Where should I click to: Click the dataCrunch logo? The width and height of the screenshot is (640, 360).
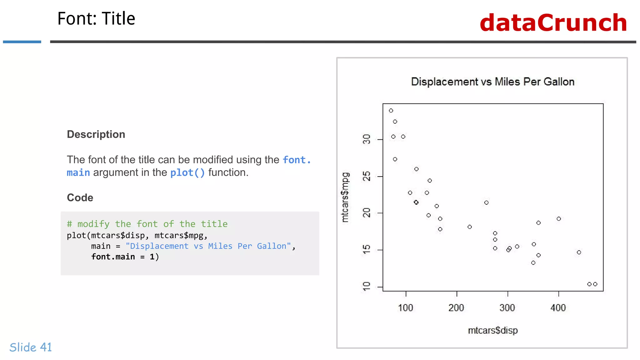click(x=553, y=23)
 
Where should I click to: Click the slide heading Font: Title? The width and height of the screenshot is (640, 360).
click(x=96, y=18)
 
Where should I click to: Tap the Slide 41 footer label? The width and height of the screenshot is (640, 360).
click(x=31, y=347)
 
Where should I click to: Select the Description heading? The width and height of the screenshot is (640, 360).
click(x=96, y=134)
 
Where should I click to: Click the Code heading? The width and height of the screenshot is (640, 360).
click(x=80, y=197)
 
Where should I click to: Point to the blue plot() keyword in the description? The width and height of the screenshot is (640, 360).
click(x=187, y=172)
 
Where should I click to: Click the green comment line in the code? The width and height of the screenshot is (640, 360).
click(x=147, y=224)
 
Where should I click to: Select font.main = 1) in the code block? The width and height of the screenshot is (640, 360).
click(x=125, y=257)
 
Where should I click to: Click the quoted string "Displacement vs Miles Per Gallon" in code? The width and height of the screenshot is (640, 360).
click(x=208, y=246)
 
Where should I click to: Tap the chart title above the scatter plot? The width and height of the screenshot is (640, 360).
click(x=492, y=82)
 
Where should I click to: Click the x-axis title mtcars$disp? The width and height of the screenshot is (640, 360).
click(x=492, y=330)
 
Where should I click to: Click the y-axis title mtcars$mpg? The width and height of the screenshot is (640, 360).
click(x=345, y=197)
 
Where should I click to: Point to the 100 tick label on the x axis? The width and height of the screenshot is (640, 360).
click(x=406, y=308)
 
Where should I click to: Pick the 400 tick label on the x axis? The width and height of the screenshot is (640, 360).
click(x=558, y=308)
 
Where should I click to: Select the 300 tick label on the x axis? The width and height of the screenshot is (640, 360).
click(x=507, y=308)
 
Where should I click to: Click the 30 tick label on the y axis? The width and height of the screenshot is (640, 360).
click(x=367, y=139)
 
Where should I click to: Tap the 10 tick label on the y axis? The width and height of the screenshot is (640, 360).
click(x=367, y=287)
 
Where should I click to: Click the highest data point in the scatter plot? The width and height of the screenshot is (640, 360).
click(x=391, y=111)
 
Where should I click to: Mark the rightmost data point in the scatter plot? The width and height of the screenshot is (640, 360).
click(x=595, y=284)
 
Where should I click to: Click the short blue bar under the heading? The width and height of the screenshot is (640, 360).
click(x=22, y=42)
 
